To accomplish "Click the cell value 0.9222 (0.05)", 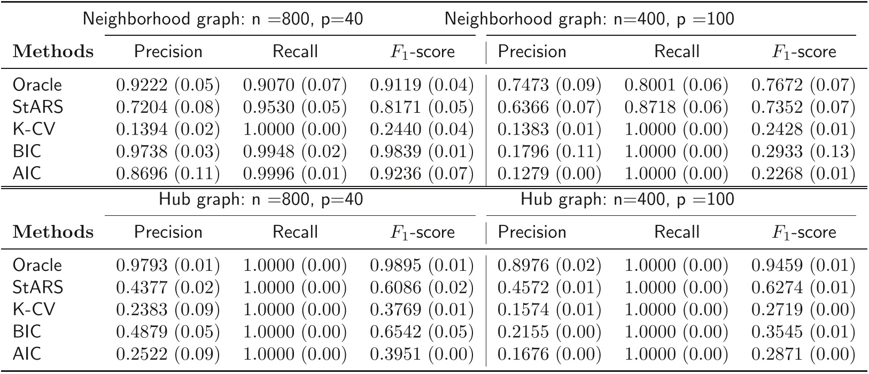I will [168, 85].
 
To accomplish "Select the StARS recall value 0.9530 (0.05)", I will [295, 107].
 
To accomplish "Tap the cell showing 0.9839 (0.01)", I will [422, 152].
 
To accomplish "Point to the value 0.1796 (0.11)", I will [549, 152].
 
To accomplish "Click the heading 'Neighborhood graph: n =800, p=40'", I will [223, 19].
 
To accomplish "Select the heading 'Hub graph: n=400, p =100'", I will [627, 200].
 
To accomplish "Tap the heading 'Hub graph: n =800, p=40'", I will [261, 200].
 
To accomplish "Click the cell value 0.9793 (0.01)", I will [168, 265].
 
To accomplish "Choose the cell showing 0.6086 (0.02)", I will [422, 287].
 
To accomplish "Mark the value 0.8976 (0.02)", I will [549, 265].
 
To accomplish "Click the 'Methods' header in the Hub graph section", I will [52, 232].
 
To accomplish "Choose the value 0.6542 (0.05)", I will [422, 332].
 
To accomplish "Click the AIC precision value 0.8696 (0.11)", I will [168, 174].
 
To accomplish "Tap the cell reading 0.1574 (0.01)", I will [549, 310].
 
